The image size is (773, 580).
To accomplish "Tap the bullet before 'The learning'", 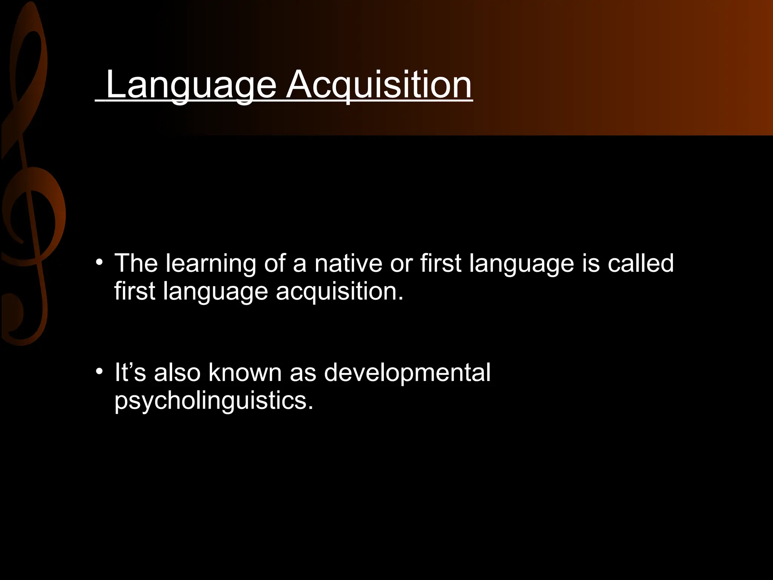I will pos(99,262).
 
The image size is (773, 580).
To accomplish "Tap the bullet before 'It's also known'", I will pos(99,372).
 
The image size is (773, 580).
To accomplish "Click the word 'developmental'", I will pos(407,372).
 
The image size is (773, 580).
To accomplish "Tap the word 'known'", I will pos(245,372).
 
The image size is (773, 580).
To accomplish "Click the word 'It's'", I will pos(130,372).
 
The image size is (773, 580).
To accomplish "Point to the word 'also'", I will pos(177,372).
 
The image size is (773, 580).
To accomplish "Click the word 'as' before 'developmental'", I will pos(303,373).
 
